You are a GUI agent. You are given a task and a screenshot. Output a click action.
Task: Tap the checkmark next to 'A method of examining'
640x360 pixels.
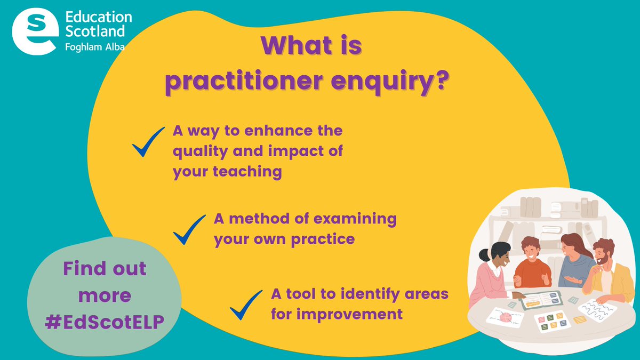189,229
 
